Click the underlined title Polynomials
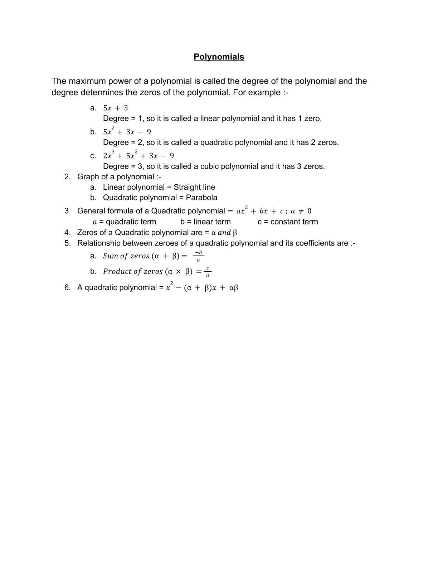pyautogui.click(x=219, y=57)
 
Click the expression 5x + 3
pyautogui.click(x=115, y=108)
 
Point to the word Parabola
pyautogui.click(x=201, y=198)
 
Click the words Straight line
pyautogui.click(x=194, y=187)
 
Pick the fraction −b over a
pyautogui.click(x=198, y=256)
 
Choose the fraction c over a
pyautogui.click(x=208, y=272)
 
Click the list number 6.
pyautogui.click(x=67, y=287)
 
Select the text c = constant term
pyautogui.click(x=288, y=222)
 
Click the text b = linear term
pyautogui.click(x=205, y=222)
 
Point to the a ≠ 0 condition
pyautogui.click(x=301, y=211)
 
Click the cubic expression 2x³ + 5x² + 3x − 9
pyautogui.click(x=138, y=156)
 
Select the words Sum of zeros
pyautogui.click(x=126, y=256)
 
